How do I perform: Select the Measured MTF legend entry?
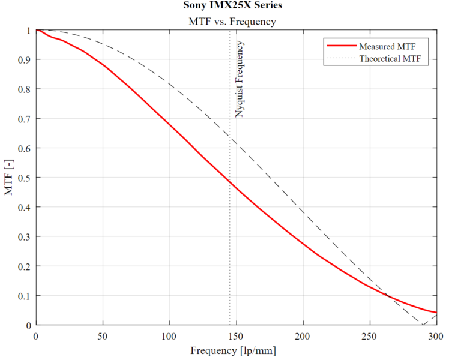[x=387, y=46]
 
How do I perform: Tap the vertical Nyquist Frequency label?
[x=240, y=79]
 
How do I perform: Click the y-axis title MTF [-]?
[x=9, y=178]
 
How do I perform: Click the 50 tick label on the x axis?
[x=103, y=335]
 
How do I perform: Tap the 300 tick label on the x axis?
[x=436, y=335]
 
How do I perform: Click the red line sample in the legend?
[x=340, y=46]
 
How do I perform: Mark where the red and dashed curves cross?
[x=390, y=296]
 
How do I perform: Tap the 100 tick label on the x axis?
[x=170, y=335]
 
